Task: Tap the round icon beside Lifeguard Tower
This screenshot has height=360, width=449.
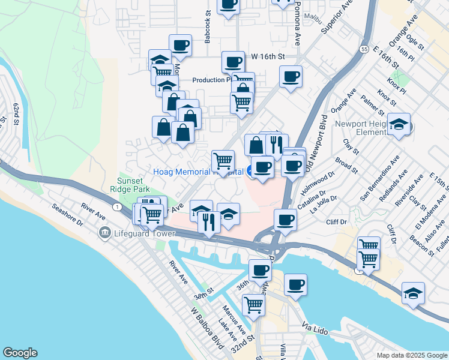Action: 104,232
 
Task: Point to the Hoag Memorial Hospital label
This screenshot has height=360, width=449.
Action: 198,172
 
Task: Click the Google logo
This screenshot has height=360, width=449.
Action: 20,353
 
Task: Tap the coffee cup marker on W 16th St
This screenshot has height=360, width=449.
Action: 232,61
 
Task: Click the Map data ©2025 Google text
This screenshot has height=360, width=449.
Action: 412,355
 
